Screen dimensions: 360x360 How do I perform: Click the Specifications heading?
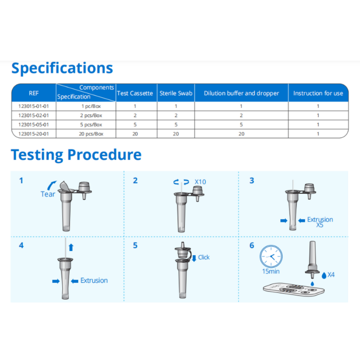pos(62,68)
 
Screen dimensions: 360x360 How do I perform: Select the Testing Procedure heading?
pos(76,155)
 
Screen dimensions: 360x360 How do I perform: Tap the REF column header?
pos(34,93)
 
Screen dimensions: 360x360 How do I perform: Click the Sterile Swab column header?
pos(176,93)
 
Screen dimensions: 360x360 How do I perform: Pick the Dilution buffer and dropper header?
pos(241,93)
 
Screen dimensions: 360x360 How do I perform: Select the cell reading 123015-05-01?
pos(34,125)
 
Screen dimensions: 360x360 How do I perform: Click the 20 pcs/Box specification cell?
pos(91,134)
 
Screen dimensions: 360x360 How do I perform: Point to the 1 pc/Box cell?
pos(91,106)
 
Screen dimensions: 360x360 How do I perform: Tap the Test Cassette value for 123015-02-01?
pos(135,116)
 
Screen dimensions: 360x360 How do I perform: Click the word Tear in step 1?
pos(48,194)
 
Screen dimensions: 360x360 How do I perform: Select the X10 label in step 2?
pos(200,182)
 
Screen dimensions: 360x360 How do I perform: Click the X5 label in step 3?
pos(319,225)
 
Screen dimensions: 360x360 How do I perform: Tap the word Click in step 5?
pos(204,257)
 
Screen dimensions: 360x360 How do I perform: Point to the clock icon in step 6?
pos(271,256)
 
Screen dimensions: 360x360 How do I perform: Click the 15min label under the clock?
pos(271,271)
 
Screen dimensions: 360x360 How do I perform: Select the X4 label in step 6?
pos(331,274)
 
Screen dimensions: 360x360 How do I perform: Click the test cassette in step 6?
pos(294,289)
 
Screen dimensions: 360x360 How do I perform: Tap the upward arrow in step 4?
pos(71,247)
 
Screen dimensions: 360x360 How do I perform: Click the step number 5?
pos(135,245)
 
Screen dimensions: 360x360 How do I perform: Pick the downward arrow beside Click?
pos(194,258)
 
